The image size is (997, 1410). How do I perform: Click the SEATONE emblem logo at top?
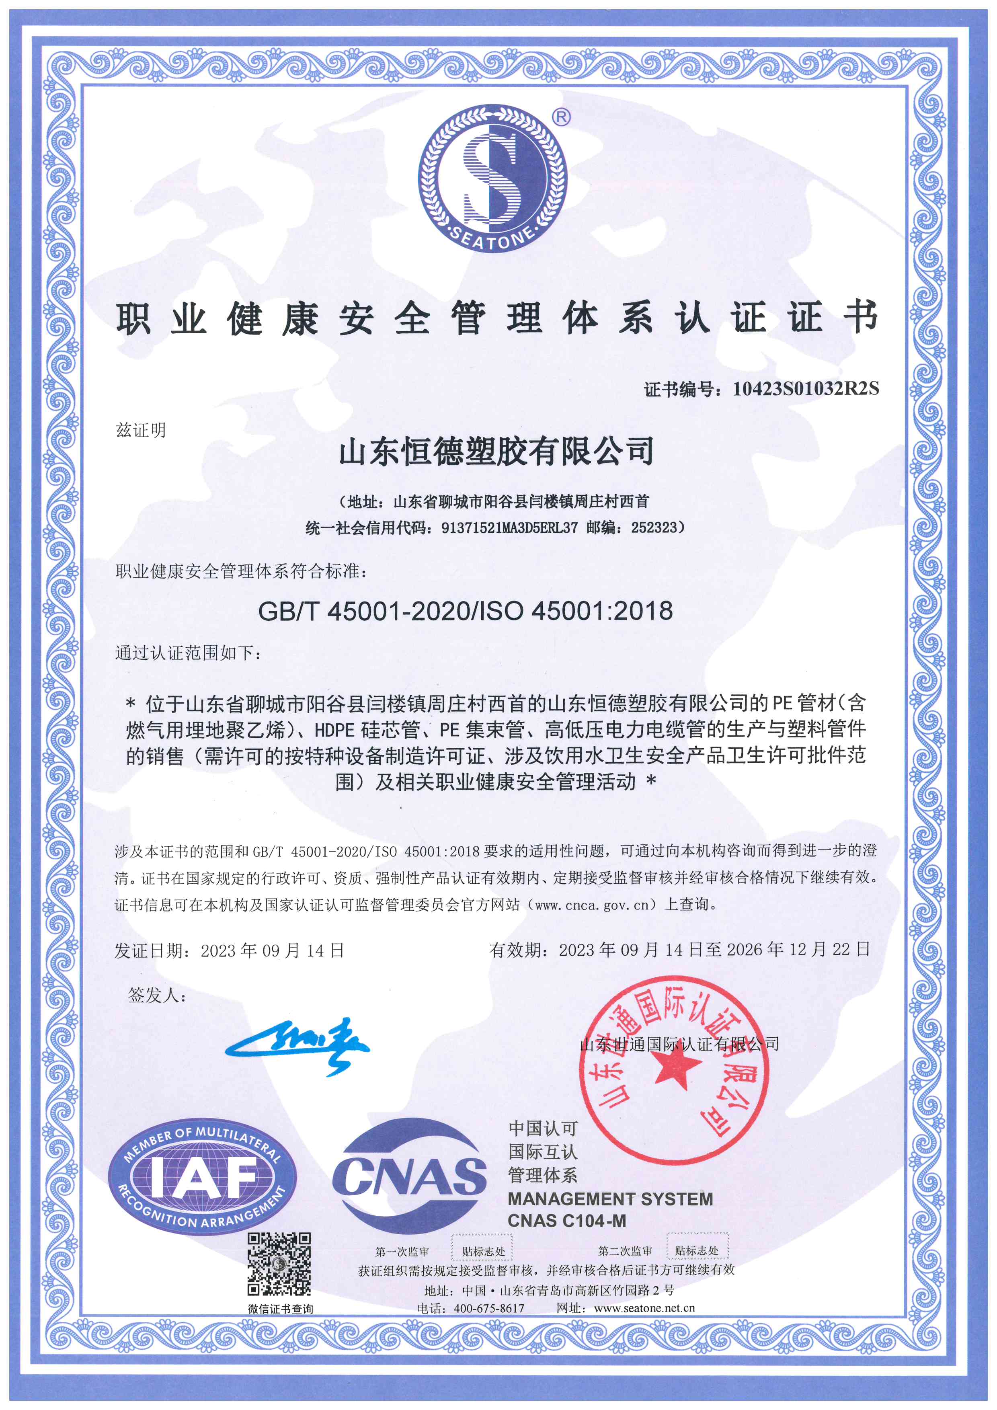(x=492, y=178)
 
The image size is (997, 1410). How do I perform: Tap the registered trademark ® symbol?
(x=561, y=116)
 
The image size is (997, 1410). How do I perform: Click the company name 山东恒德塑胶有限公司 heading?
(x=496, y=452)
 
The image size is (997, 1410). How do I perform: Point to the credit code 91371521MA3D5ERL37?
(x=509, y=527)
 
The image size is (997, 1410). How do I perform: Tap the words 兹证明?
(x=141, y=430)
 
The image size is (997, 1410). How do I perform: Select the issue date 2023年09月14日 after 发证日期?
(x=272, y=950)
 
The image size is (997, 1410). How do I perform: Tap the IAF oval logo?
(x=203, y=1176)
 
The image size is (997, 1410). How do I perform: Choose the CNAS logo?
(x=410, y=1176)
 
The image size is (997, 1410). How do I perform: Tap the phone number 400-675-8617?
(x=489, y=1308)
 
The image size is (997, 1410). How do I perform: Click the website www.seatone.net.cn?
(x=644, y=1308)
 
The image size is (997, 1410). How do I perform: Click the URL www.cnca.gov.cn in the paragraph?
(x=592, y=905)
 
